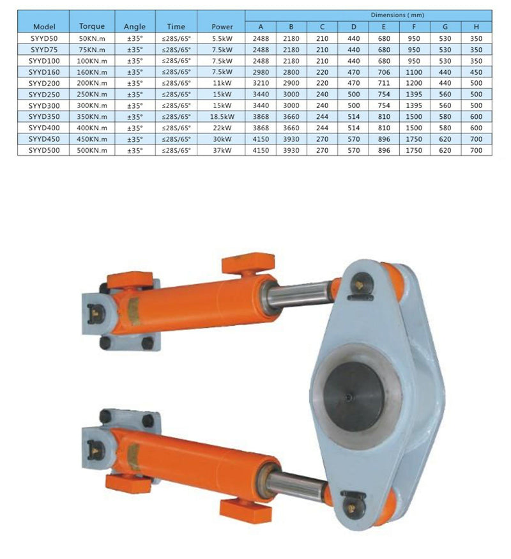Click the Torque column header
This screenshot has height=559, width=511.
tap(92, 26)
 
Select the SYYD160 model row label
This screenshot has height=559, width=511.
tap(44, 72)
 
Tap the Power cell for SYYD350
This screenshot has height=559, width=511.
tap(222, 116)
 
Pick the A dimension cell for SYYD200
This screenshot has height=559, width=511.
tap(261, 83)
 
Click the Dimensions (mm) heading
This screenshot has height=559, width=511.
tap(397, 15)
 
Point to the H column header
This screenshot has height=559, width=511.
tap(476, 27)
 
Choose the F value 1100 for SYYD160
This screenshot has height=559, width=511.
tap(414, 72)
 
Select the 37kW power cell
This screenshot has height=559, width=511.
tap(222, 150)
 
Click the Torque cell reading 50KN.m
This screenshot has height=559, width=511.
tap(92, 38)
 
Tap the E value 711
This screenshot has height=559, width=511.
tap(383, 83)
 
